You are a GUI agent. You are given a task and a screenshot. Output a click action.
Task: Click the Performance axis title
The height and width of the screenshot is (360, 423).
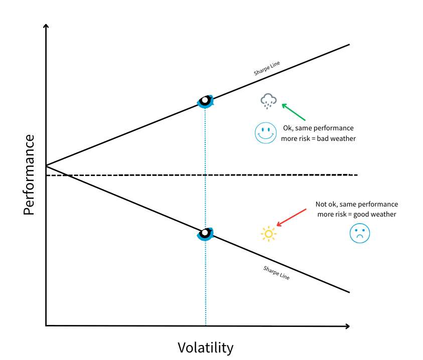[29, 175]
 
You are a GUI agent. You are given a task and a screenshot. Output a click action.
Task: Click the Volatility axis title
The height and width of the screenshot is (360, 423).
[205, 347]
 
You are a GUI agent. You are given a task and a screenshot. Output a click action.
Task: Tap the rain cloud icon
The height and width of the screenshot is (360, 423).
[268, 101]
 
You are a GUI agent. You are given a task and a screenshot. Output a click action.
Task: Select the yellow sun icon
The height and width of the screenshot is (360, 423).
[268, 234]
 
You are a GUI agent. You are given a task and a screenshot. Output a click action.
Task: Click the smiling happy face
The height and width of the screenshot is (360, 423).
[265, 133]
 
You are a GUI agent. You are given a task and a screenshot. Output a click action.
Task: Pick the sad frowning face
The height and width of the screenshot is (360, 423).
[359, 234]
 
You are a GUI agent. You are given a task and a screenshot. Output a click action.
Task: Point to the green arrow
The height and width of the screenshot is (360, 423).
[294, 112]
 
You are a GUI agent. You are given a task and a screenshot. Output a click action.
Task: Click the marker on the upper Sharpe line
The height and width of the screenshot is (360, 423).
[205, 101]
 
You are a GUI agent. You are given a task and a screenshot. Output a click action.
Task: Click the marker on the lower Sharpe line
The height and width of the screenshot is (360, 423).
[205, 233]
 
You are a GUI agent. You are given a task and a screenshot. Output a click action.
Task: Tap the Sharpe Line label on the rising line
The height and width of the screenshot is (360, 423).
[266, 69]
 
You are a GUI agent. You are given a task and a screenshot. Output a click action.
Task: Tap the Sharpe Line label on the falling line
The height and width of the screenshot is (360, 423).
[276, 272]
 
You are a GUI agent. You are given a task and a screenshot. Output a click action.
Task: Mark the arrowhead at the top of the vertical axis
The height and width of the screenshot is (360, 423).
[46, 27]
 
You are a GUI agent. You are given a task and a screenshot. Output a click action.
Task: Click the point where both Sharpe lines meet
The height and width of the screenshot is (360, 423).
[46, 165]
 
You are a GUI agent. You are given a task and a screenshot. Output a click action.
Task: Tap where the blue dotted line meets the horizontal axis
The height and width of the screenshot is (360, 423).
[206, 326]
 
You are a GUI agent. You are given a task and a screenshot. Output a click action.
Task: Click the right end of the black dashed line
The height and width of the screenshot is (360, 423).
[356, 175]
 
